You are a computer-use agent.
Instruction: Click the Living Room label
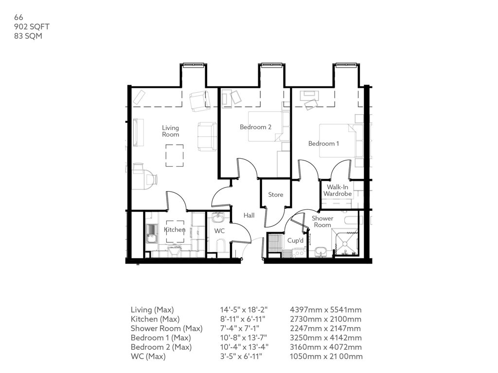[171, 131]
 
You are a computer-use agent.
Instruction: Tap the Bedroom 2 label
[255, 127]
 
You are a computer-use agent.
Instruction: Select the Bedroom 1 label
[323, 144]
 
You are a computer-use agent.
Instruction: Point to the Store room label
[275, 195]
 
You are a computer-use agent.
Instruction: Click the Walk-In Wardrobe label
[338, 190]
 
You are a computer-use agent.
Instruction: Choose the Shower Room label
[322, 221]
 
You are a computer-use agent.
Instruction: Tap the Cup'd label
[295, 240]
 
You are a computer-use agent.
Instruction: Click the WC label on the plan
[219, 231]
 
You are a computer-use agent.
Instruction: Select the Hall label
[249, 215]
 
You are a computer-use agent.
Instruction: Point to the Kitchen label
[175, 230]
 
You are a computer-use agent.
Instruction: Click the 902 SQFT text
[32, 27]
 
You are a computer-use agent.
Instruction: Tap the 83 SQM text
[28, 36]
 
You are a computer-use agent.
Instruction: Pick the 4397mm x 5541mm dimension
[325, 310]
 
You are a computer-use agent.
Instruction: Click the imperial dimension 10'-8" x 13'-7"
[244, 338]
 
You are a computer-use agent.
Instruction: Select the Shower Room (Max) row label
[166, 329]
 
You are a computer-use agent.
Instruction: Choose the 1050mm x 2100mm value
[326, 356]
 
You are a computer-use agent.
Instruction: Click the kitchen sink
[152, 234]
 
